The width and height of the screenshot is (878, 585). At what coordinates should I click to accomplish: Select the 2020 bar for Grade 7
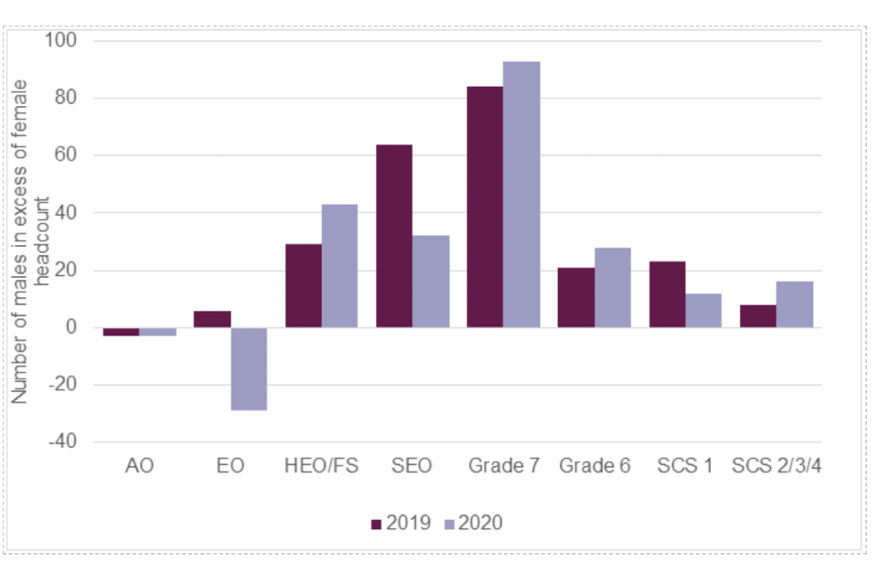[x=521, y=194]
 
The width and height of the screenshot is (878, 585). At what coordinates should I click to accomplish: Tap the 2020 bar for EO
[x=249, y=368]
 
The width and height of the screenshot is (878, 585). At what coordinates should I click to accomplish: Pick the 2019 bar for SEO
[x=394, y=236]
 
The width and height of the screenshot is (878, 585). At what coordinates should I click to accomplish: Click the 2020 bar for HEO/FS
[x=339, y=265]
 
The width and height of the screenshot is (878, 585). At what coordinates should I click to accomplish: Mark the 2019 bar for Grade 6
[x=576, y=297]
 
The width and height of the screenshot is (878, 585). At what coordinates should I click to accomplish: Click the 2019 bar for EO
[x=212, y=319]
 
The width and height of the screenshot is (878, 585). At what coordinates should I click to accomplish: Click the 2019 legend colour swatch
[x=376, y=524]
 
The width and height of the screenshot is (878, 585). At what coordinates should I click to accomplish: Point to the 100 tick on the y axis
[x=64, y=41]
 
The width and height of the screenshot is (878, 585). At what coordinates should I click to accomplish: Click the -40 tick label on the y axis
[x=61, y=441]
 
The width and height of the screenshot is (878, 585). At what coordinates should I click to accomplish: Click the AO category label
[x=139, y=465]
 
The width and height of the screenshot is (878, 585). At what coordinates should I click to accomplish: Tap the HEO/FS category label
[x=321, y=465]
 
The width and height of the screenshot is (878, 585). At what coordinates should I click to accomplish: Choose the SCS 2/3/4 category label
[x=776, y=465]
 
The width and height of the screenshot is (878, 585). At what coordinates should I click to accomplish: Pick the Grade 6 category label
[x=594, y=465]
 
